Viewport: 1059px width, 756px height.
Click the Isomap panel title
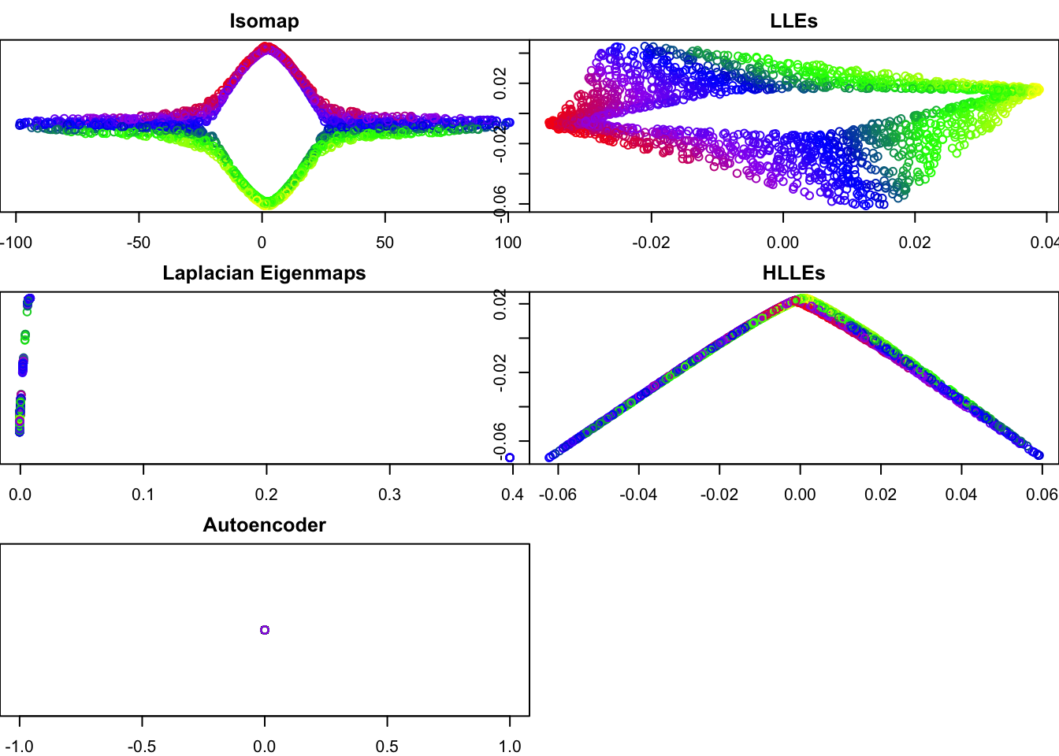264,21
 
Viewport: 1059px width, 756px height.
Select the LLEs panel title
793,21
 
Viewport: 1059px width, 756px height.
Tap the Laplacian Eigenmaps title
264,273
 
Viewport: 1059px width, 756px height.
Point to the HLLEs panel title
793,273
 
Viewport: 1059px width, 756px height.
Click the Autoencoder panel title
264,525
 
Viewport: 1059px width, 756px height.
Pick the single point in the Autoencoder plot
265,630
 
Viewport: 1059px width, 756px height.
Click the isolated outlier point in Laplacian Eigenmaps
510,458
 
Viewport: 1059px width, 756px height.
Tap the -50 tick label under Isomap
139,243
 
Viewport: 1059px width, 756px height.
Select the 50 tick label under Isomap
385,243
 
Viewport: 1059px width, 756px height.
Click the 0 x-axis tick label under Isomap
262,243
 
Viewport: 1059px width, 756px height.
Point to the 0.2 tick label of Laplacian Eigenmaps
266,495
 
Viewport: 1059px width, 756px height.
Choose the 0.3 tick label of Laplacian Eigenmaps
389,495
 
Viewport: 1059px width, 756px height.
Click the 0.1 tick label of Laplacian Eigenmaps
143,495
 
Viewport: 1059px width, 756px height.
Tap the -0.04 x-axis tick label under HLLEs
638,495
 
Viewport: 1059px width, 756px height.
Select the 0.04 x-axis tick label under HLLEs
961,495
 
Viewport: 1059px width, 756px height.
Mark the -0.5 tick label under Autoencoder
142,747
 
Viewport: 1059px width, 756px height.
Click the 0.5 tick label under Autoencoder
387,747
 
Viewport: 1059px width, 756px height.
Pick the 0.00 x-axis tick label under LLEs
782,243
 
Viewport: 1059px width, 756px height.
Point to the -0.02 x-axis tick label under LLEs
651,243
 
